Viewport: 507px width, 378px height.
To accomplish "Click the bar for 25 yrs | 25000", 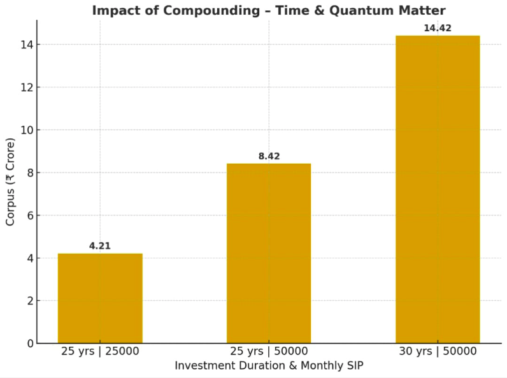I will (x=100, y=298).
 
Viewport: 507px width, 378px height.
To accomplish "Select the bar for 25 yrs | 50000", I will (x=269, y=253).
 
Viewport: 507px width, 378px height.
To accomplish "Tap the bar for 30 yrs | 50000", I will (x=438, y=189).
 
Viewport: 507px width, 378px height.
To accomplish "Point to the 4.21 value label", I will (x=100, y=245).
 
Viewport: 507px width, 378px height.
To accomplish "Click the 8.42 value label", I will (x=269, y=156).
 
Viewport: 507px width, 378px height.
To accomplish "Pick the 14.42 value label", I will (x=438, y=28).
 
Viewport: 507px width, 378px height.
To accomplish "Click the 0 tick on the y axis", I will (x=29, y=344).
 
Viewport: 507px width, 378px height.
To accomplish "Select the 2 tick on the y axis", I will (x=29, y=301).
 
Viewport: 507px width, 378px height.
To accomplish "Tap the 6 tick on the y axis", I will (x=29, y=215).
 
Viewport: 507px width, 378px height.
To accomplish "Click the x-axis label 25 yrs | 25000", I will (x=100, y=351).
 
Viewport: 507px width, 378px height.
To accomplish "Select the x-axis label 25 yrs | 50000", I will (x=269, y=351).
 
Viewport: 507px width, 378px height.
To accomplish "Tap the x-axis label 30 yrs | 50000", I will (x=438, y=351).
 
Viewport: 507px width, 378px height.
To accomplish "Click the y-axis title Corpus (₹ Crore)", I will (x=10, y=181).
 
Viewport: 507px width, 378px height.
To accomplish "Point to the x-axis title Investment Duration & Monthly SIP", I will (x=269, y=366).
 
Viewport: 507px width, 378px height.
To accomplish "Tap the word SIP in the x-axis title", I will (x=353, y=366).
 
